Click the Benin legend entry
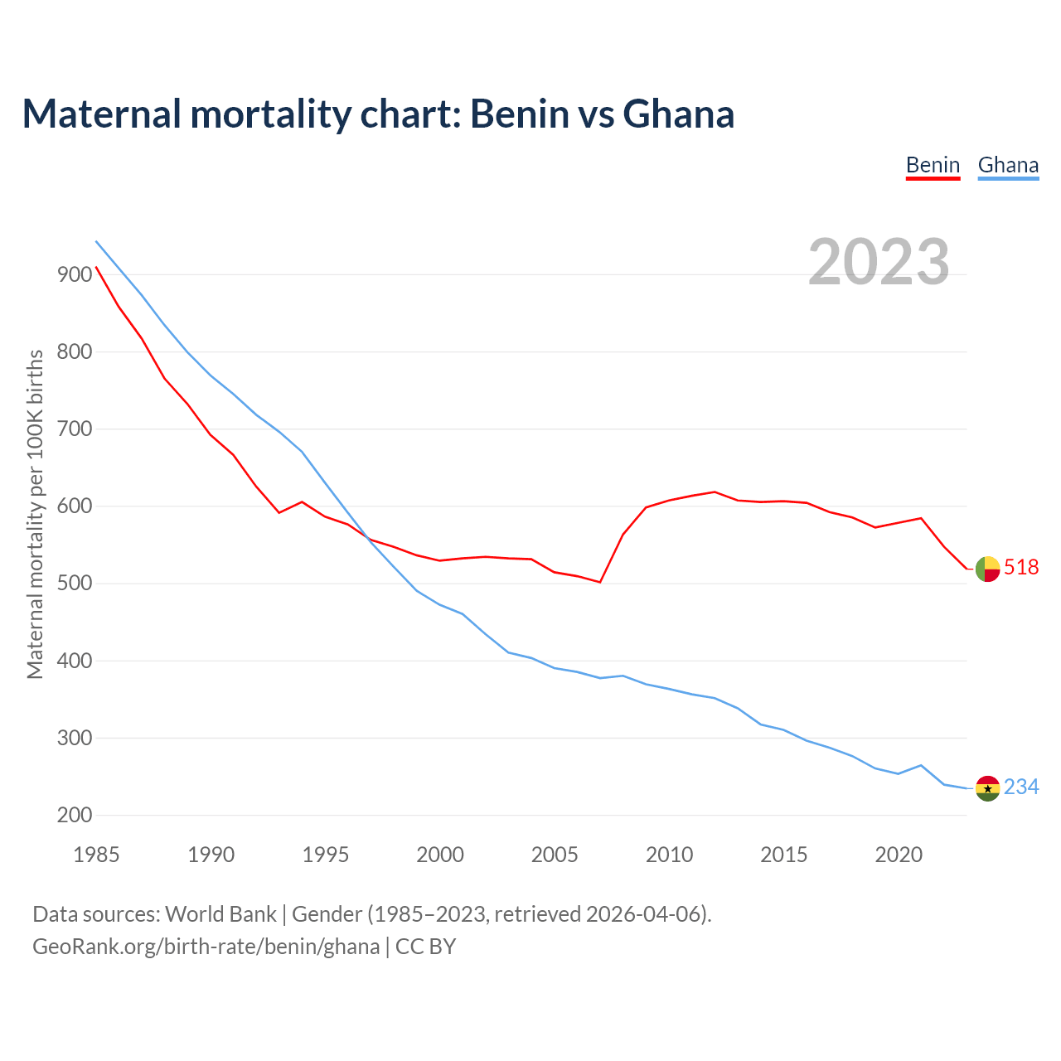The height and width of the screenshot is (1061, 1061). coord(933,166)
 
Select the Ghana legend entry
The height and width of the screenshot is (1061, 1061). coord(1008,166)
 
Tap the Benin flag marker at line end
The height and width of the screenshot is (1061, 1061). coord(987,569)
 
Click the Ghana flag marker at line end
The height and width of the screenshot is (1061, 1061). coord(987,788)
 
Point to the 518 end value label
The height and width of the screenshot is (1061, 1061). coord(1021,567)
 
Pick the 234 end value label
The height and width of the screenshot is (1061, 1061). coord(1021,787)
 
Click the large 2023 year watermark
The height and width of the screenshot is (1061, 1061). coord(879,262)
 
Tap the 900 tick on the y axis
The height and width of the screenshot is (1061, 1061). coord(74,274)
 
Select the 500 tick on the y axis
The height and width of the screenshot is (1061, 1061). coord(74,584)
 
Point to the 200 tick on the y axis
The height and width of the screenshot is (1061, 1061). coord(74,815)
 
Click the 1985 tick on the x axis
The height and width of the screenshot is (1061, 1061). coord(96,855)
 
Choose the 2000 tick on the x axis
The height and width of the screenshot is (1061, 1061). coord(440,855)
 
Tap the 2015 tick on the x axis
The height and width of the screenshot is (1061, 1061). coord(784,855)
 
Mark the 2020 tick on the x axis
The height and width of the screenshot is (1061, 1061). coord(899,855)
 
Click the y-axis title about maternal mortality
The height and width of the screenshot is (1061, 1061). coord(36,514)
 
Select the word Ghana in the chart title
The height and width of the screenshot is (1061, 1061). coord(678,114)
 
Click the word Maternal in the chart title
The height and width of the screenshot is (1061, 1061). coord(102,114)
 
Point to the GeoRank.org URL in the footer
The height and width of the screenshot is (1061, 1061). coord(206,946)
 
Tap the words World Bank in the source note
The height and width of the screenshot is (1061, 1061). coord(220,914)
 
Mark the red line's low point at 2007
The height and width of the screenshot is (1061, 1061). coord(600,582)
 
